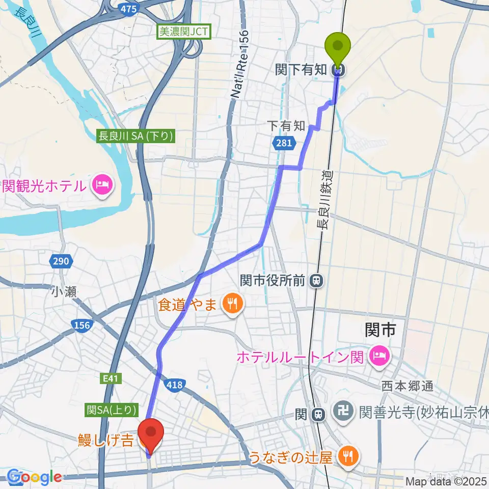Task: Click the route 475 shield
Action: click(x=128, y=9)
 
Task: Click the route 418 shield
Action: click(x=174, y=386)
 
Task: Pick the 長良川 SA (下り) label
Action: click(x=137, y=136)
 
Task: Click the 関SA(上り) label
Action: click(x=112, y=409)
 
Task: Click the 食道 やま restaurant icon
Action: click(x=233, y=305)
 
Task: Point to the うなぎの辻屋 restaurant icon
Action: click(x=348, y=455)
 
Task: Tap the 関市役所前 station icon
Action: click(x=317, y=280)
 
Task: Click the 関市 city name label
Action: click(x=381, y=330)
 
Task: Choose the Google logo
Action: click(x=35, y=477)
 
